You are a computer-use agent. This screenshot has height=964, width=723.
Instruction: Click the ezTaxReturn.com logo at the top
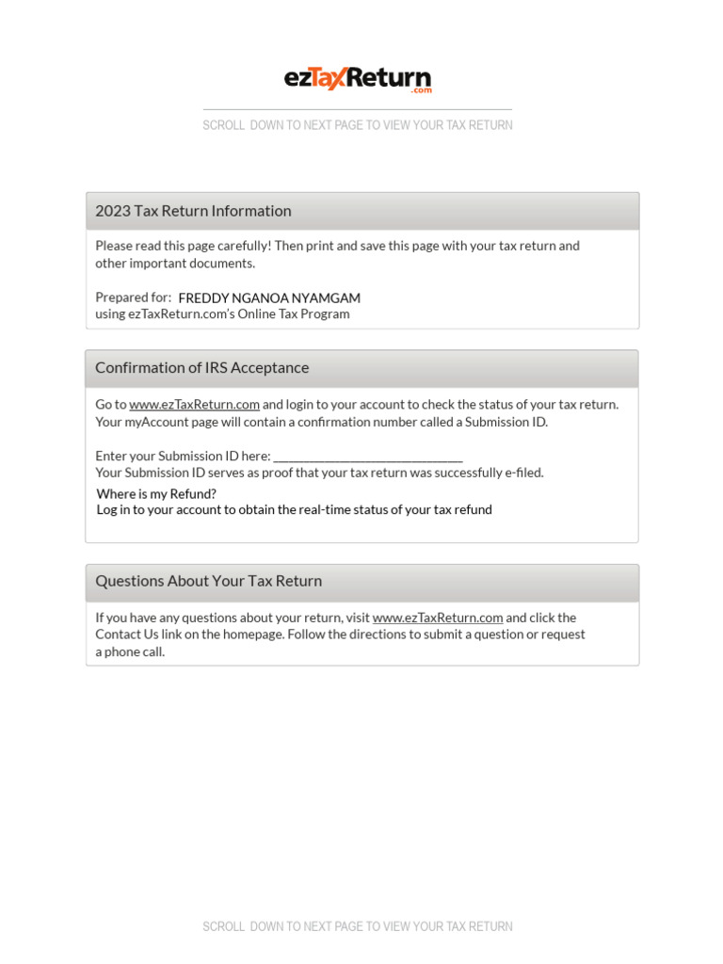pos(358,79)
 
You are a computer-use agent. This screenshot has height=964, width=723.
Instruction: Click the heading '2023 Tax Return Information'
pos(193,211)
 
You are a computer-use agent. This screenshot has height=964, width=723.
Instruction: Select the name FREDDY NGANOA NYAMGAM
pos(269,298)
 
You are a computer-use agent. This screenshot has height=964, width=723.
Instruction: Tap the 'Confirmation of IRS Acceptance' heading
pos(201,368)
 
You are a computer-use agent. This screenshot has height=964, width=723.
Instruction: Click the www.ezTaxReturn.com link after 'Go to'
pos(194,405)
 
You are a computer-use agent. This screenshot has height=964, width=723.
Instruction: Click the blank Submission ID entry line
pos(367,457)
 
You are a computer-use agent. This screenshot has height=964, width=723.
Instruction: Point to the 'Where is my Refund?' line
pos(156,494)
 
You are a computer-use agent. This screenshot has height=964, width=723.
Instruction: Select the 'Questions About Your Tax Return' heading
pos(208,582)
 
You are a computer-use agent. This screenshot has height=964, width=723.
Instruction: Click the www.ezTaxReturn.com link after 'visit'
pos(437,619)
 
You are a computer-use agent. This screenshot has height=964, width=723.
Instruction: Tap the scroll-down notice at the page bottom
pos(358,927)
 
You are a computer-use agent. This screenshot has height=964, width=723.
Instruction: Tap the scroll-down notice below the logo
pos(358,125)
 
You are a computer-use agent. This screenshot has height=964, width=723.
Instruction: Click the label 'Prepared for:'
pos(133,297)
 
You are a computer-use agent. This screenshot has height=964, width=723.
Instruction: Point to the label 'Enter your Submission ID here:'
pos(183,457)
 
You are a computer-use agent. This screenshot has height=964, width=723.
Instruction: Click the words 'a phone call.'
pos(130,652)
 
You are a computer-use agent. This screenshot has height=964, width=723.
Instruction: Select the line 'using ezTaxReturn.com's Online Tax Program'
pos(222,314)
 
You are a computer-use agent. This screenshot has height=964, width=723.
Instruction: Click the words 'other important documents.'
pos(175,264)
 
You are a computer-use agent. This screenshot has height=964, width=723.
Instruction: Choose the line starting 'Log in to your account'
pos(294,510)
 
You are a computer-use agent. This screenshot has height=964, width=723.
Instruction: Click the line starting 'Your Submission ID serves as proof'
pos(319,474)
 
